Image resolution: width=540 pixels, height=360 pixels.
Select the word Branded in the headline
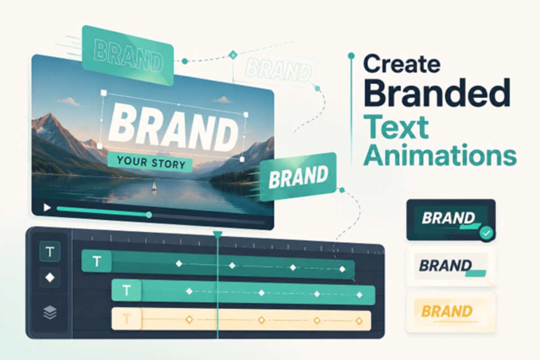click(437, 93)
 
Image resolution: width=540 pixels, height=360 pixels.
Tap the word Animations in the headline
click(440, 154)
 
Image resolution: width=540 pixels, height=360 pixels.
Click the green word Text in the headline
click(396, 126)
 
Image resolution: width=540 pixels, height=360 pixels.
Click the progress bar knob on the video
click(149, 215)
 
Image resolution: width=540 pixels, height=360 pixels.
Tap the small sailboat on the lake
click(154, 186)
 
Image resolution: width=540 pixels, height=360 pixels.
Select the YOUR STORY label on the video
click(150, 162)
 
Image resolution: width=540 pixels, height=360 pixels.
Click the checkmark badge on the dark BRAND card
click(486, 233)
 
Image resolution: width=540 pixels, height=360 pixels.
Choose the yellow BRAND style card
click(451, 312)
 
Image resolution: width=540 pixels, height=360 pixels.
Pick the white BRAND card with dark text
click(451, 266)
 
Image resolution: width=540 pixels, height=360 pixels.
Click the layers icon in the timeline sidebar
click(50, 312)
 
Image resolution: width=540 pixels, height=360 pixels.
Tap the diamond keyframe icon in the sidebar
click(50, 278)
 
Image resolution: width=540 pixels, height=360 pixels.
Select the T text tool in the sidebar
click(50, 252)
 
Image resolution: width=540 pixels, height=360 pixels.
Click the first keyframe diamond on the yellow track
click(189, 320)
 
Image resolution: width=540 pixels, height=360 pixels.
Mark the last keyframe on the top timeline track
click(342, 269)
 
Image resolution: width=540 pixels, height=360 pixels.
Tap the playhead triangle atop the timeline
click(217, 234)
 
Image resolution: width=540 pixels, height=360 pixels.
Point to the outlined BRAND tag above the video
click(128, 55)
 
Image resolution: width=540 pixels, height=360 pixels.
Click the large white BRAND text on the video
click(173, 127)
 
